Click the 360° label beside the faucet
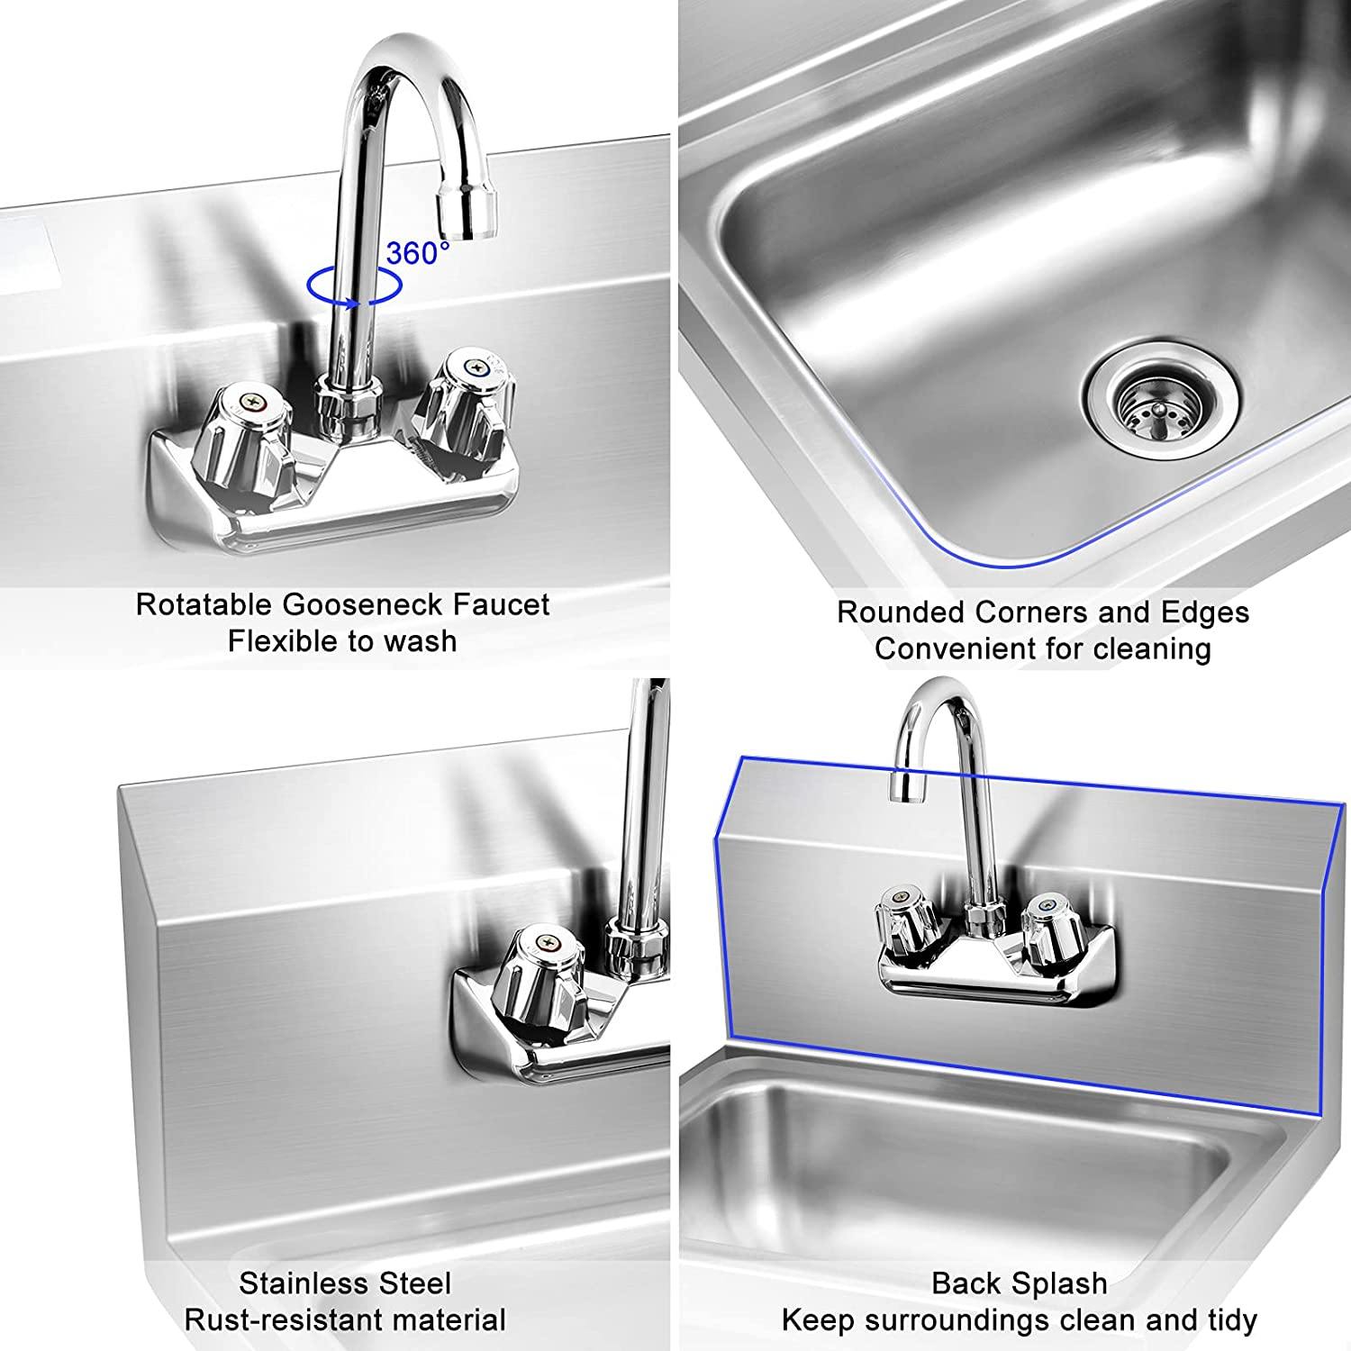click(x=417, y=253)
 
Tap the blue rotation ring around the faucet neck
click(x=353, y=286)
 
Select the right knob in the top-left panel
click(x=470, y=397)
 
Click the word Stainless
click(x=297, y=1283)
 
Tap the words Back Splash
click(x=1019, y=1283)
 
